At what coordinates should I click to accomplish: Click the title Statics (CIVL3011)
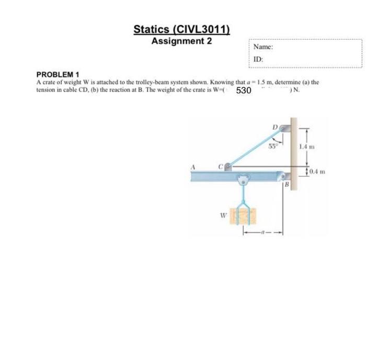181,29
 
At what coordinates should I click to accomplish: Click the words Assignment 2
181,41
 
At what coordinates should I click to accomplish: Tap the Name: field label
263,47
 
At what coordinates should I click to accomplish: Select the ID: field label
258,59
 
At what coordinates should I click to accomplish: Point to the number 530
244,91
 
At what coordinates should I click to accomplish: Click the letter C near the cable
221,166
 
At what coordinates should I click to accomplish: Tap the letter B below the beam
287,185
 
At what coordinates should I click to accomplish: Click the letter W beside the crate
221,213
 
